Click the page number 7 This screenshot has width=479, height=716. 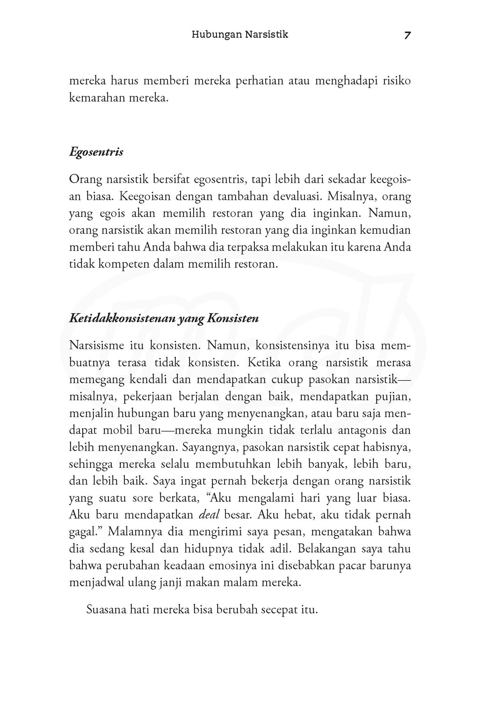point(407,36)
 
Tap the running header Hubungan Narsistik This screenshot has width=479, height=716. point(240,35)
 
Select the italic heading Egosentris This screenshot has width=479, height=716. point(96,153)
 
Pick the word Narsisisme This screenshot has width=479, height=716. point(96,346)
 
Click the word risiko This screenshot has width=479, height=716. point(397,81)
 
